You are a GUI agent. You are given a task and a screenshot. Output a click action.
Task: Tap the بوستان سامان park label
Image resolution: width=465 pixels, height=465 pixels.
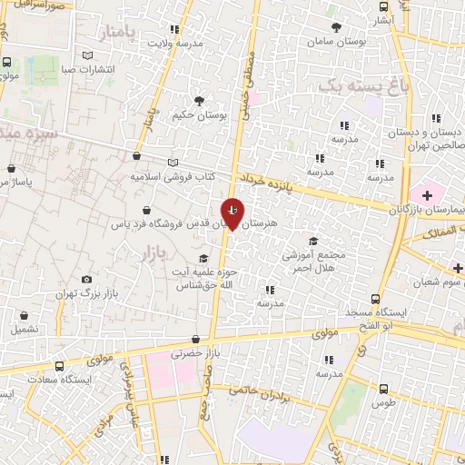pos(335,42)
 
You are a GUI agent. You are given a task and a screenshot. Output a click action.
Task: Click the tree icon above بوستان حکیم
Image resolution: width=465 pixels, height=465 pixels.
pos(199,100)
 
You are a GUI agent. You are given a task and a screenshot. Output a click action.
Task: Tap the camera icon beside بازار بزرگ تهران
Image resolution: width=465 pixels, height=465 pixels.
pos(86,280)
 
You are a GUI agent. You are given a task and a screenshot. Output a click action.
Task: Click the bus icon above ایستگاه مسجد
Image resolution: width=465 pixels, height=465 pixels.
pos(376,299)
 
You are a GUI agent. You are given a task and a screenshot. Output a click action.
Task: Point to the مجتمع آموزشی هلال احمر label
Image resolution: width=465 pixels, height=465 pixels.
pos(314,262)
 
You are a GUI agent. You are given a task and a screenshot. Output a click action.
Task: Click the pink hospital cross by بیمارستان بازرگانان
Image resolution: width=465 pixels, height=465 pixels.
pos(424,193)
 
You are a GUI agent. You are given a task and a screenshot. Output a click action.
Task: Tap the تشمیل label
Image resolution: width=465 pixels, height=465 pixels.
pos(25,329)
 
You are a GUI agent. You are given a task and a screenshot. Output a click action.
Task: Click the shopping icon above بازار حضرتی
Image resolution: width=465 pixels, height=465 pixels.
pos(197,339)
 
